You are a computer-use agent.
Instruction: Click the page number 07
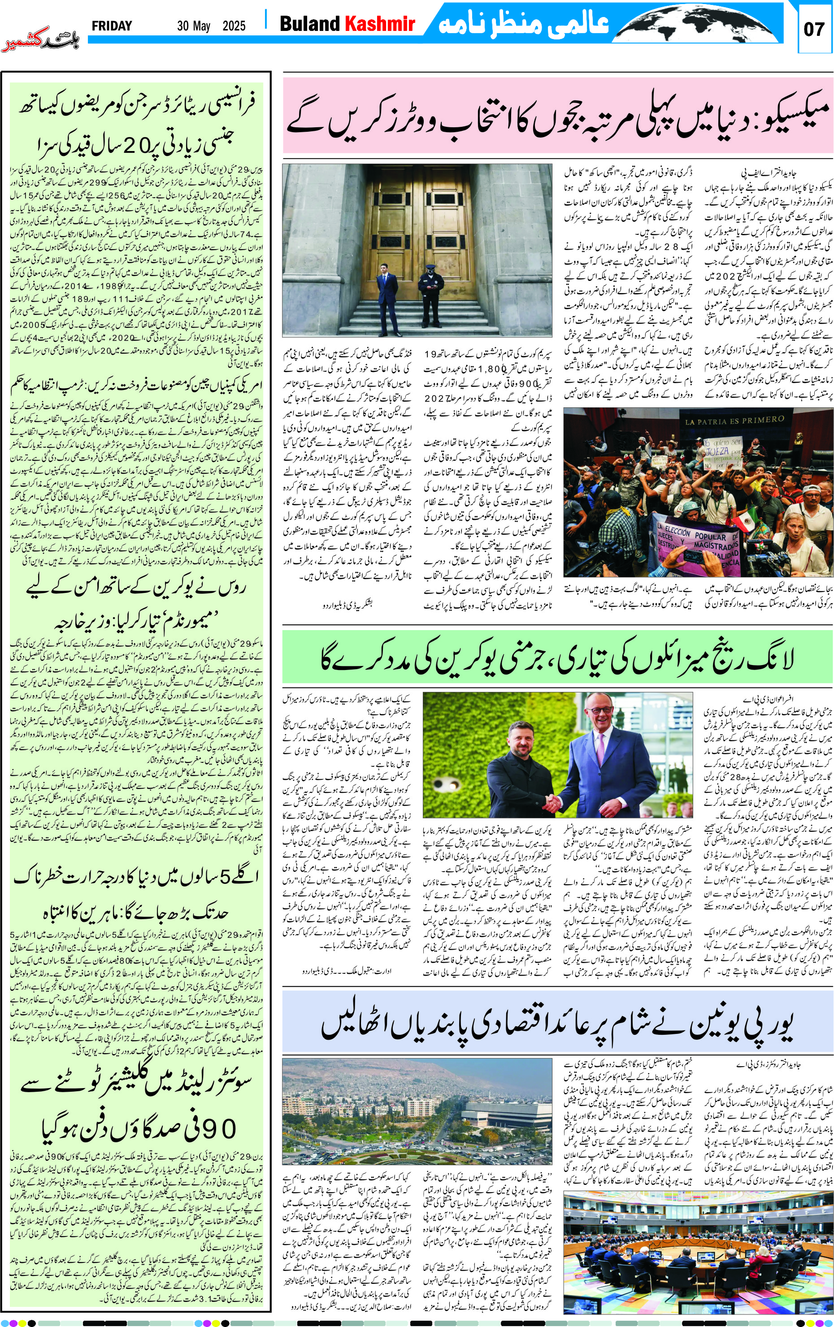(x=814, y=29)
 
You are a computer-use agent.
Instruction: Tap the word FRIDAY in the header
(x=112, y=26)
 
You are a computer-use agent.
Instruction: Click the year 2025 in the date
(x=234, y=26)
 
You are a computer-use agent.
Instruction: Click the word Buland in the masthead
(x=310, y=24)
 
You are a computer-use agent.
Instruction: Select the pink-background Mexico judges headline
(x=557, y=116)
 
